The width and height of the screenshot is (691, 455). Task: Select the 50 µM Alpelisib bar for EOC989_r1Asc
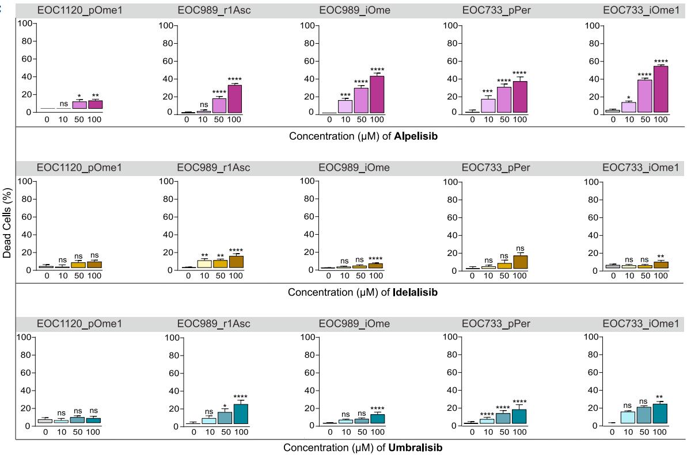(x=219, y=105)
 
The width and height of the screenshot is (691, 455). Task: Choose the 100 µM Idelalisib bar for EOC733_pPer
(x=521, y=262)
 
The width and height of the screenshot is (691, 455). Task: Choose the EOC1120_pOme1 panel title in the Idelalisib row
(x=71, y=168)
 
